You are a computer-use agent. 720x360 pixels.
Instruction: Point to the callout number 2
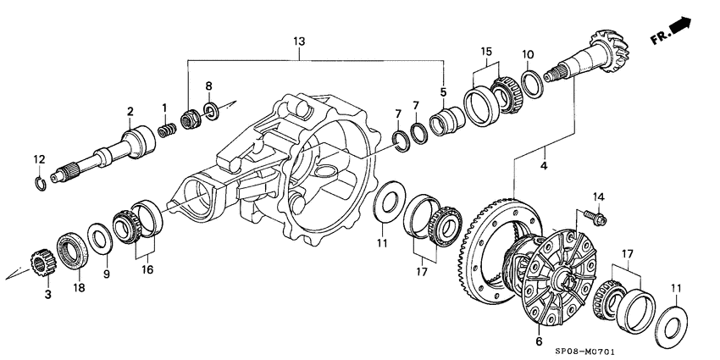coord(130,110)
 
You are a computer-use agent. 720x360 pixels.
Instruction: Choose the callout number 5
coord(443,91)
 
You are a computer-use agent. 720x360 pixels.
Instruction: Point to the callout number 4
coord(544,165)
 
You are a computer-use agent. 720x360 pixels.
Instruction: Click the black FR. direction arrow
coord(679,30)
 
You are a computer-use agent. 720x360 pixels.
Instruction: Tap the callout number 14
coord(597,197)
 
